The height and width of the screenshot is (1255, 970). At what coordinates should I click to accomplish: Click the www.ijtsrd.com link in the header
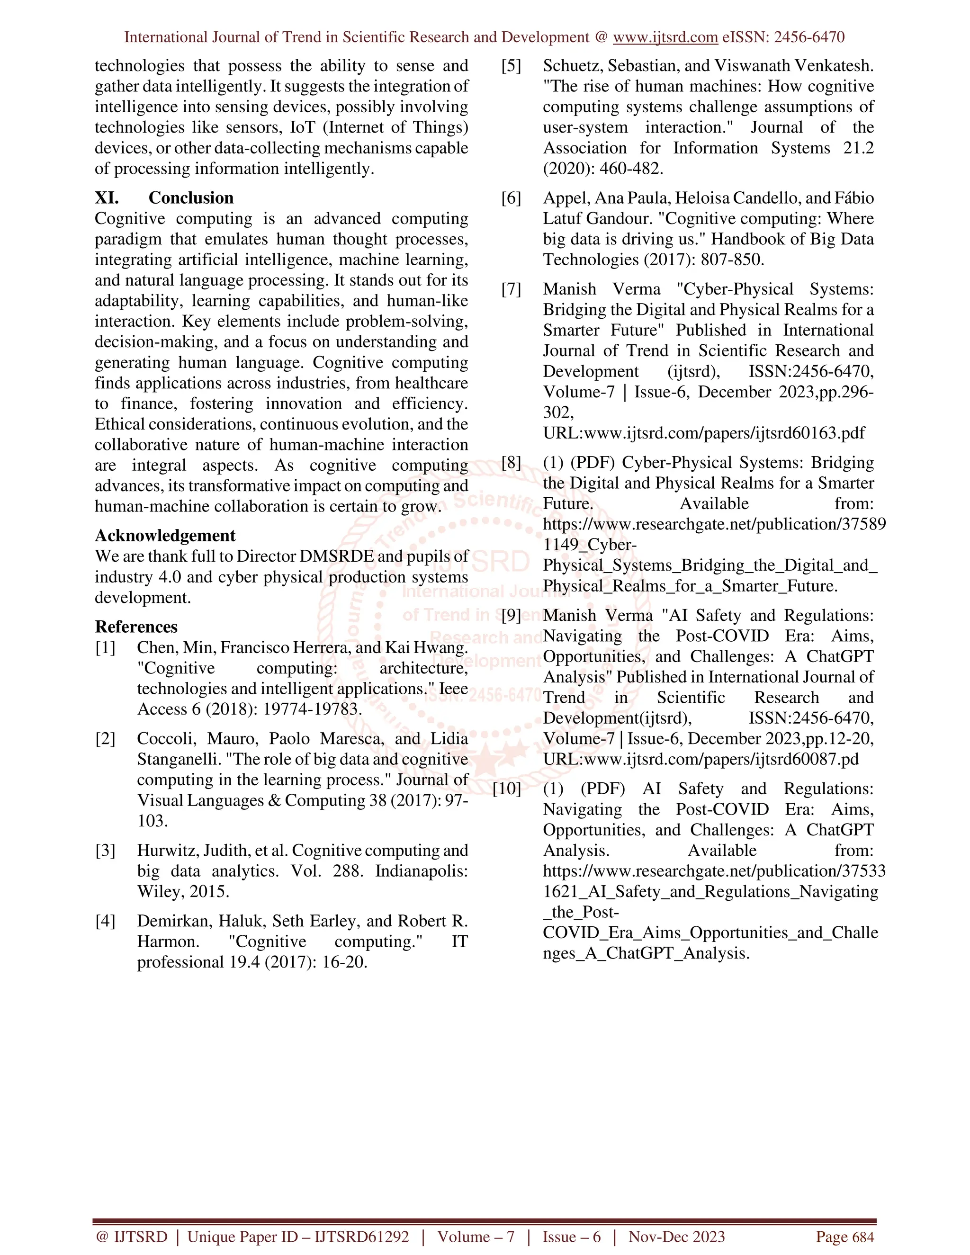(665, 37)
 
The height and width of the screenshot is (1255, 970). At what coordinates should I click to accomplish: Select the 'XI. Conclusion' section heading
(164, 197)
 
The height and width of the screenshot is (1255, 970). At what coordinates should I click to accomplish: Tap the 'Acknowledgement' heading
(165, 536)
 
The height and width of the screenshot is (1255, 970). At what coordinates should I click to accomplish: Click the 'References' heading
(136, 627)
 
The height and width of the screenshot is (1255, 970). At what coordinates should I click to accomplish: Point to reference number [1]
(105, 647)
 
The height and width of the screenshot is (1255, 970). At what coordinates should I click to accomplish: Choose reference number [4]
(105, 921)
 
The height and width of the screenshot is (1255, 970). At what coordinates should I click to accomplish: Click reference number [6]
(511, 198)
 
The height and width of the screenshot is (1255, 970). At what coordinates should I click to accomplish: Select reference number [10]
(506, 789)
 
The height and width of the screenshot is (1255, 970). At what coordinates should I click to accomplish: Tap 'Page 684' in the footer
(845, 1237)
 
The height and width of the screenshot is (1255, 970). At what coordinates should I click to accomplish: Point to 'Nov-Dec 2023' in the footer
(676, 1237)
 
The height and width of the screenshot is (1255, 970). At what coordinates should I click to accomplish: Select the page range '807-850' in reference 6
(732, 260)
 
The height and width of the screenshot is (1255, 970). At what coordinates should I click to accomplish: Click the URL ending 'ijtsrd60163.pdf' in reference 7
(704, 433)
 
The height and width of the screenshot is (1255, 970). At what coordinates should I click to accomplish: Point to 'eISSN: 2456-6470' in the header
(783, 37)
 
